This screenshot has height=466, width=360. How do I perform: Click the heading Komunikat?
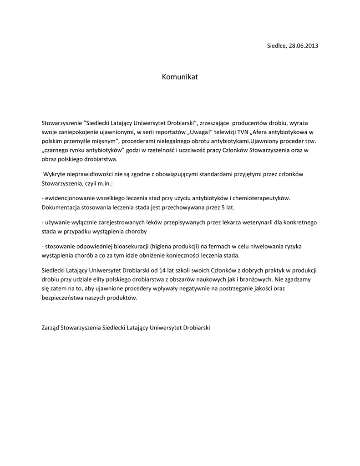[x=180, y=77]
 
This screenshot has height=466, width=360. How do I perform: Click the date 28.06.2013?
[x=303, y=46]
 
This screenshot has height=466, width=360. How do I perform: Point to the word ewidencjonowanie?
[x=68, y=198]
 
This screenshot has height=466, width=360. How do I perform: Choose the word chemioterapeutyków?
[x=260, y=198]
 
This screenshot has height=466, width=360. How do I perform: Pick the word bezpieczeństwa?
[x=61, y=298]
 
